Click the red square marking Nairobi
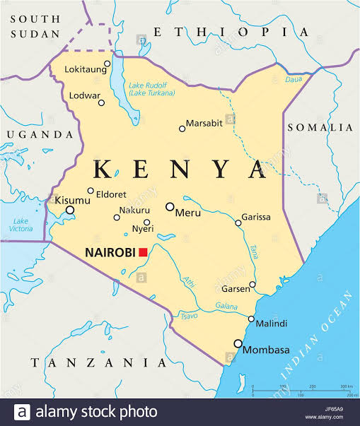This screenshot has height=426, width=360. (143, 252)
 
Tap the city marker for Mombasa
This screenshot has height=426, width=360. (238, 344)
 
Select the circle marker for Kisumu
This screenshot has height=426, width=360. (70, 210)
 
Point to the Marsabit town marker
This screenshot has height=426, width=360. (182, 129)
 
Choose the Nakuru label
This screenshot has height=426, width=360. (134, 211)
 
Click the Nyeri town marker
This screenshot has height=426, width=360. (147, 222)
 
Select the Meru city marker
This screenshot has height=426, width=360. (170, 206)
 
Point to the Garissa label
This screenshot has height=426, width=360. (256, 217)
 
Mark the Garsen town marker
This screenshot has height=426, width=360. (252, 285)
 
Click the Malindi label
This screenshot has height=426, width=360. (272, 324)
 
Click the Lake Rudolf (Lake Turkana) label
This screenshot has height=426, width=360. (151, 89)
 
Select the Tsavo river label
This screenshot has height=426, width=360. (190, 316)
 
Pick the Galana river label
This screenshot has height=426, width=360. (227, 307)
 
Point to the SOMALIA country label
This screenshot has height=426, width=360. (319, 127)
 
